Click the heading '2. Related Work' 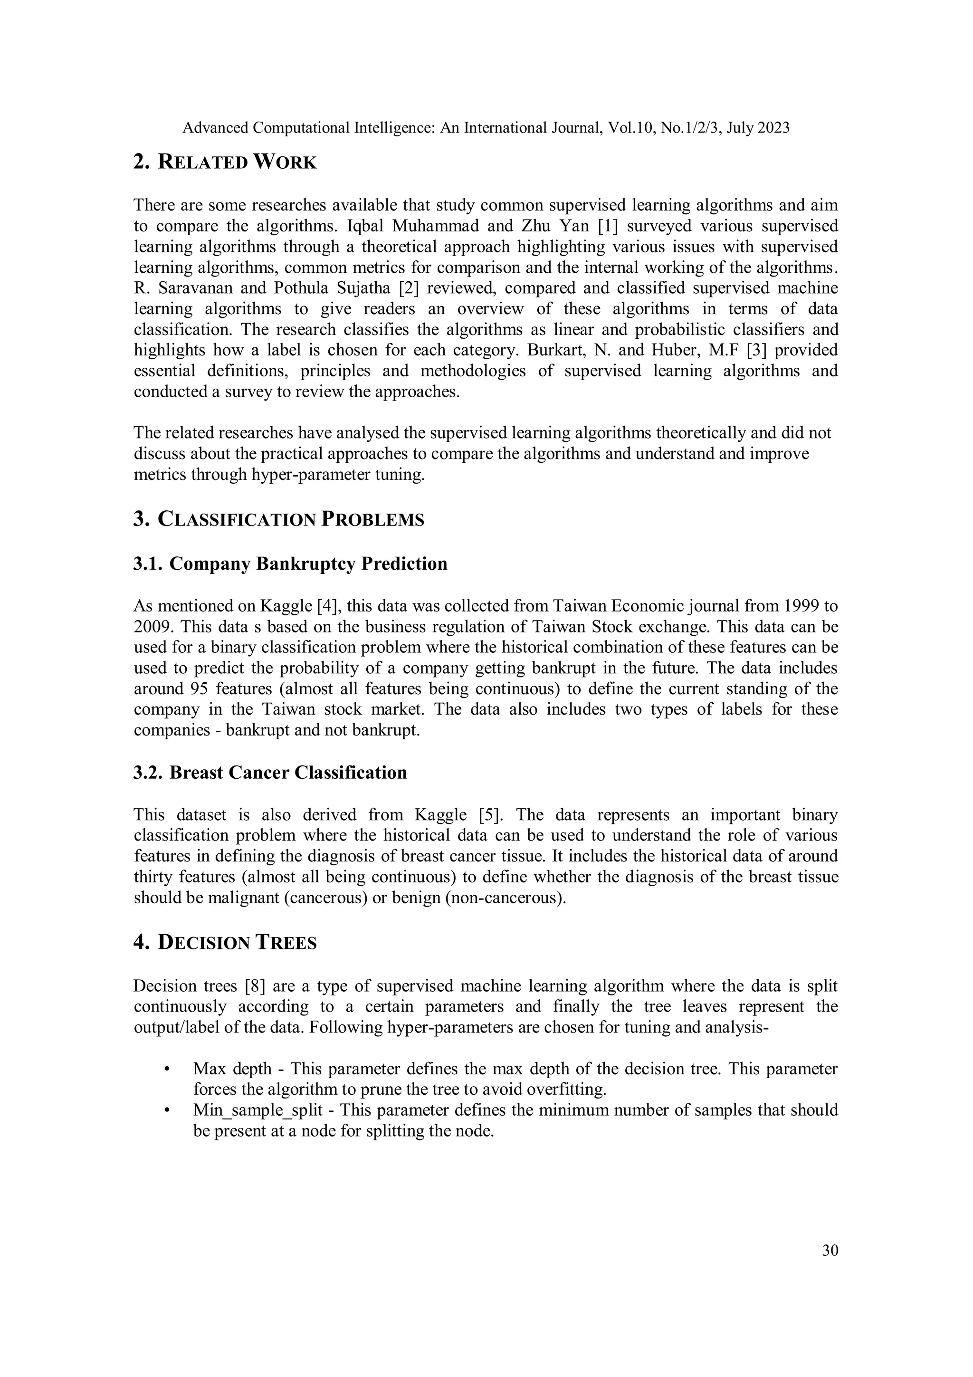pos(225,162)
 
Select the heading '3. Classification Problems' pos(279,519)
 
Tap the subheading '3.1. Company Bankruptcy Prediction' pos(290,564)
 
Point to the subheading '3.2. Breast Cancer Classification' pos(270,773)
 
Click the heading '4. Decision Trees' pos(225,942)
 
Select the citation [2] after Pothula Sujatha pos(409,288)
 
